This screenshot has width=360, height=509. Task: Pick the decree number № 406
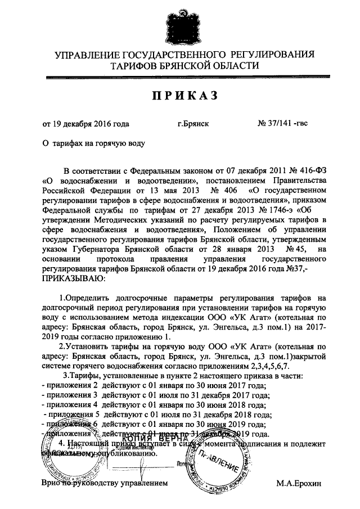pos(221,191)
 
